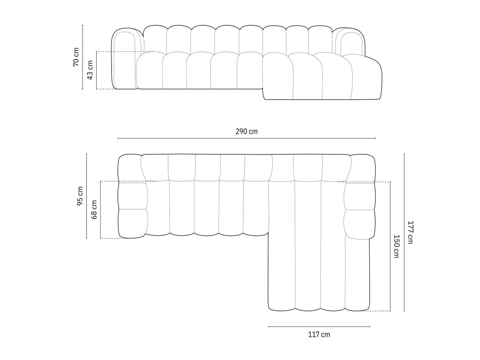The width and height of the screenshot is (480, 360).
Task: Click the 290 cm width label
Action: click(246, 132)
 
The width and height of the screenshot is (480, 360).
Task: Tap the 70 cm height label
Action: click(76, 57)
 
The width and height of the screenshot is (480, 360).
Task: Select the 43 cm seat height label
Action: click(90, 70)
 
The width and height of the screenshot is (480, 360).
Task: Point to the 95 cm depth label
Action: click(80, 196)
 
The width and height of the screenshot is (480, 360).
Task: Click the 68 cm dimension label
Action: click(94, 210)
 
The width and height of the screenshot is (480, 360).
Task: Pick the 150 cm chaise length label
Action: click(396, 246)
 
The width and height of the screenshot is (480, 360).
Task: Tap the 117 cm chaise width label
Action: click(319, 335)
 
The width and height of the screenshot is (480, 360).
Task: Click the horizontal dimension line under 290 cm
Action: click(246, 138)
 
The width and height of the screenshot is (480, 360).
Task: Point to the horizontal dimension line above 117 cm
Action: click(319, 327)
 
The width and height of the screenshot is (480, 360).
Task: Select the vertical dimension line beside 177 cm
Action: click(404, 232)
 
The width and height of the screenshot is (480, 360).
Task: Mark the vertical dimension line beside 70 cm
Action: click(83, 57)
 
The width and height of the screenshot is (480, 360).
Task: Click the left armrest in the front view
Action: click(126, 59)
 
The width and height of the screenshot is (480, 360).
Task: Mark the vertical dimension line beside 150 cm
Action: click(390, 246)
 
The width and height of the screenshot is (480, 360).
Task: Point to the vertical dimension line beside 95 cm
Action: click(87, 196)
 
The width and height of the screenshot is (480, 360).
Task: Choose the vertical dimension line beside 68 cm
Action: click(100, 210)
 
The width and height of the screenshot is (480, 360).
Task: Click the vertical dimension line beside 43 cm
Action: click(96, 70)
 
